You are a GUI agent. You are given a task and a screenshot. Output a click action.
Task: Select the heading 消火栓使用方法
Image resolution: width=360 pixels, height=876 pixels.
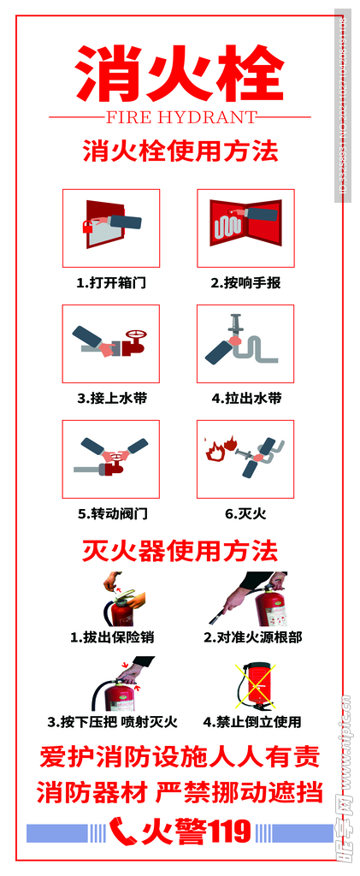[180, 152]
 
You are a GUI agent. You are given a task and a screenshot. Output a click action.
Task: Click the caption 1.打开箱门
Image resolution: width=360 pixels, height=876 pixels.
[110, 282]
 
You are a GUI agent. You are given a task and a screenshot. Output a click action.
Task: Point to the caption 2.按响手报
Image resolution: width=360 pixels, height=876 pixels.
[245, 282]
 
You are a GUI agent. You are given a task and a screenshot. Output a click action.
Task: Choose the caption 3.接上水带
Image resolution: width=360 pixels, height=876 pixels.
[110, 398]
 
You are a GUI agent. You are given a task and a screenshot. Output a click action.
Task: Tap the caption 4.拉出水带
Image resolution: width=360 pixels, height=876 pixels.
[245, 398]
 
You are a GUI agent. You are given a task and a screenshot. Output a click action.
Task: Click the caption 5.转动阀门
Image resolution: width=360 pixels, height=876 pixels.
[111, 513]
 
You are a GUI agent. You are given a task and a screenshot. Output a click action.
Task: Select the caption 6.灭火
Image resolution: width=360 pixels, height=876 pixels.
[245, 513]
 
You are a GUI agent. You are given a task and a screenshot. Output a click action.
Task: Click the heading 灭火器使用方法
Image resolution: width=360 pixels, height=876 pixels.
[180, 549]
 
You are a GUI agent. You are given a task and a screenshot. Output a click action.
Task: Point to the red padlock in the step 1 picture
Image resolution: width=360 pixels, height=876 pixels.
[88, 227]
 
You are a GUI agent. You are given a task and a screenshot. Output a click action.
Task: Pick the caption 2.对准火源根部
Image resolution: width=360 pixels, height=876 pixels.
[252, 636]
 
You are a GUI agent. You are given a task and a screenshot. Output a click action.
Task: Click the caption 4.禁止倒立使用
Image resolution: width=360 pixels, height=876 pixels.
[251, 721]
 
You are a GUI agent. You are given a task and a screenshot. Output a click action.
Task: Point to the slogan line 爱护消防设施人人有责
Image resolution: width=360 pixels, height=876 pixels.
[180, 757]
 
